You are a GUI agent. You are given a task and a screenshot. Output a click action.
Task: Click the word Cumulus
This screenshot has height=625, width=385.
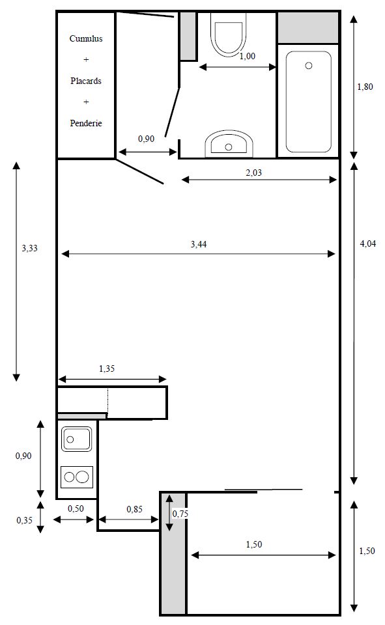coord(86,38)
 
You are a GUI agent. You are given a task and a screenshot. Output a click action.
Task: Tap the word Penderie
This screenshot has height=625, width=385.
coord(86,123)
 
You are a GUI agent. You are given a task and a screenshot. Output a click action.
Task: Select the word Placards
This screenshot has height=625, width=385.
coord(86,81)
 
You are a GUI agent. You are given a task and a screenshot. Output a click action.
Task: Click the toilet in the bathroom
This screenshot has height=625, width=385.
coord(229,34)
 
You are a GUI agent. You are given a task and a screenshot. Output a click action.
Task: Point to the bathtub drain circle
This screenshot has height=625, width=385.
coord(308,66)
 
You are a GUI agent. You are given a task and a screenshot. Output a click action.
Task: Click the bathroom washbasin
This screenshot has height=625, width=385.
coord(229,143)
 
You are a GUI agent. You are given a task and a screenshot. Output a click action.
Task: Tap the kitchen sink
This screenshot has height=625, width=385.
coord(76,439)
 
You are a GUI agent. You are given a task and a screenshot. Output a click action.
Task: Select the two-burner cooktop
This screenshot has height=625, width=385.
coord(77,477)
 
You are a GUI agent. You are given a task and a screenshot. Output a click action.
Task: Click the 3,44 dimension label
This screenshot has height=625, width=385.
coord(199,244)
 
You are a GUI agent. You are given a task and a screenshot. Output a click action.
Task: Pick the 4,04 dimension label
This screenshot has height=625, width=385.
coord(368,243)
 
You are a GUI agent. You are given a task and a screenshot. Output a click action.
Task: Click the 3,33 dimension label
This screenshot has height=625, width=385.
coord(29,248)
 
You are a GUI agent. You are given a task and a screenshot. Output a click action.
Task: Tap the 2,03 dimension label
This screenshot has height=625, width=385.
coord(254,173)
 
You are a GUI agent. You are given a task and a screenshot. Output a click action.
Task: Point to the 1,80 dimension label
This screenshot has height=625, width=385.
coord(365,87)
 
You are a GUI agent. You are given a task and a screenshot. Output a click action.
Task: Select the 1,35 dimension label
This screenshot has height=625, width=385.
coord(107,368)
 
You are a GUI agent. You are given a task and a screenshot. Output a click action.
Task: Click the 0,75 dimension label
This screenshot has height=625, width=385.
coord(180,514)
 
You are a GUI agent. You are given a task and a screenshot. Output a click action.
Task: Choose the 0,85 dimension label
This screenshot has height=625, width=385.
coord(134,509)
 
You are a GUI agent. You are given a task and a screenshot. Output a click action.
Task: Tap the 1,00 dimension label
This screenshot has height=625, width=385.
coord(248,56)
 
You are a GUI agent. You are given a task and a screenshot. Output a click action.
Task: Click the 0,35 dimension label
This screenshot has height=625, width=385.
coord(24,520)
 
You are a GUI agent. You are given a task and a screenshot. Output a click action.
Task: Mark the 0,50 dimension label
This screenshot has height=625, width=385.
coord(76,508)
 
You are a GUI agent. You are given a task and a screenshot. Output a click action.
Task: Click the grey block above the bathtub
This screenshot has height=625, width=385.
coord(308,27)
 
